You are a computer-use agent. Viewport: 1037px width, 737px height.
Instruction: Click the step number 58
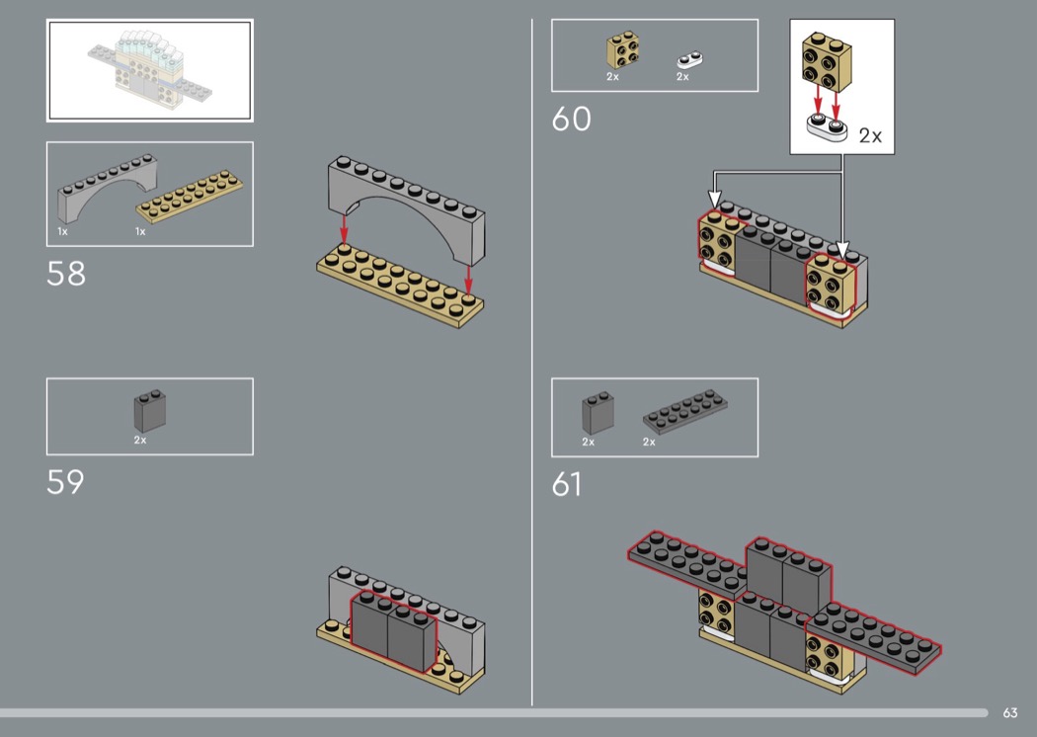point(66,274)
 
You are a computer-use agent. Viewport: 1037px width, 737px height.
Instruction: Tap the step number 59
point(65,482)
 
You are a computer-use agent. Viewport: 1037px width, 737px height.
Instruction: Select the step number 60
point(572,120)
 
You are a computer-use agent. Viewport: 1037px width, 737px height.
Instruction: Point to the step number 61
point(567,484)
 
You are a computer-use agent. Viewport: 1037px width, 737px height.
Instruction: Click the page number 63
point(1010,712)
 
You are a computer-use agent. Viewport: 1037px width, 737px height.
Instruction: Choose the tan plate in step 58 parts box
point(190,197)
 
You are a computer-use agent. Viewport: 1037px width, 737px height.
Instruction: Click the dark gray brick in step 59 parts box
point(149,410)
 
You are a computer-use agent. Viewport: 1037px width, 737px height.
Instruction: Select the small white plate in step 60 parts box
point(689,60)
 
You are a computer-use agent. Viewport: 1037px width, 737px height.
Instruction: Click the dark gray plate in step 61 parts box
point(685,412)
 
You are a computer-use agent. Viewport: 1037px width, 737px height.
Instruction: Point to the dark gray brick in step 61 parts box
point(598,413)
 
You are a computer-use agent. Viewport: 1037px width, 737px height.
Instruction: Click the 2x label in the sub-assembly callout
point(870,135)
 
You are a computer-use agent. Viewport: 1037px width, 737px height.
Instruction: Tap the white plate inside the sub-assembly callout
point(827,127)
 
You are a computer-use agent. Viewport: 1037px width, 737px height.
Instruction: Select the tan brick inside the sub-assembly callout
point(827,61)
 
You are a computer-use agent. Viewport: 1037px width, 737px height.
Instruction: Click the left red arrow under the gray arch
point(344,228)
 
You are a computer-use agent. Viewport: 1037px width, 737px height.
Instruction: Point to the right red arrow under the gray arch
point(468,280)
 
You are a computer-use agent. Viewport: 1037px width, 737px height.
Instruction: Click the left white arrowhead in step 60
point(714,200)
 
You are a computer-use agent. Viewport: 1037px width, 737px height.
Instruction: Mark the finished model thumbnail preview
point(149,70)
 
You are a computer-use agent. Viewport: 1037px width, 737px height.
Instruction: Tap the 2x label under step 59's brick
point(140,440)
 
